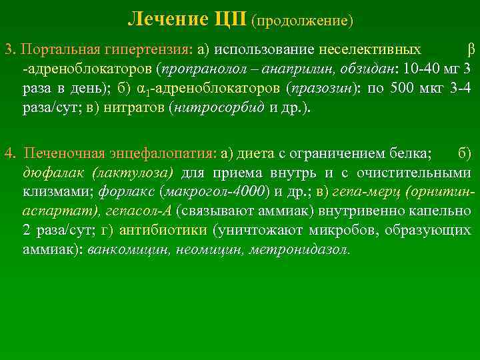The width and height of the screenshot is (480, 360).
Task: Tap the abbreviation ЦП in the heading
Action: [x=231, y=19]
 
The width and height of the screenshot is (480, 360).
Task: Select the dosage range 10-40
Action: [x=421, y=69]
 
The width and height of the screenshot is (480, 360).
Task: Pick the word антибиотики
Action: [x=161, y=231]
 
